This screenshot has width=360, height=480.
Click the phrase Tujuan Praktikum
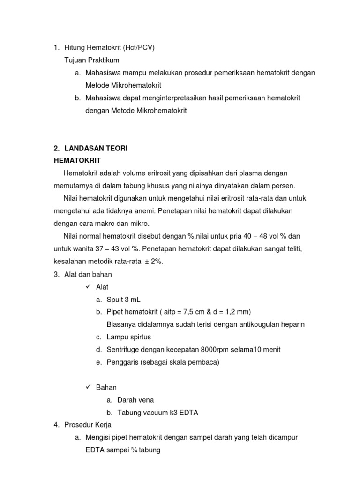pyautogui.click(x=91, y=60)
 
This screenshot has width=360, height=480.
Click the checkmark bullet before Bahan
pyautogui.click(x=87, y=387)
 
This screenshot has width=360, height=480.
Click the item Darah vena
pyautogui.click(x=135, y=400)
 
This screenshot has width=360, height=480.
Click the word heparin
pyautogui.click(x=292, y=324)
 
